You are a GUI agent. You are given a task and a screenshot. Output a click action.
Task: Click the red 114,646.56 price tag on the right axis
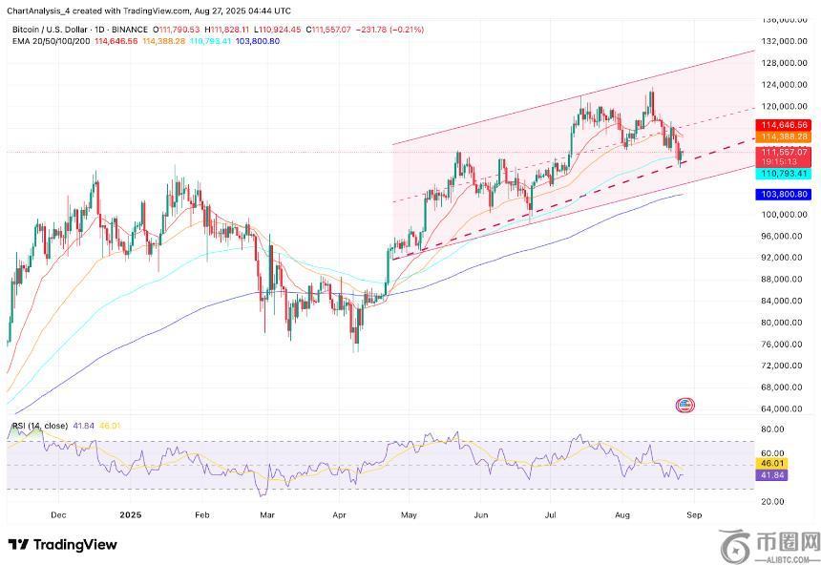point(783,125)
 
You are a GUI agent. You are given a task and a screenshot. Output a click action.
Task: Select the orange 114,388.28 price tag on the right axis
point(783,137)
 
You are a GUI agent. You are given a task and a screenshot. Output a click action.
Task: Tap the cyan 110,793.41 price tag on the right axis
point(783,174)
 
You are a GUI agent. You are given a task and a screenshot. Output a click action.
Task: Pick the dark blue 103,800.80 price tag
point(783,194)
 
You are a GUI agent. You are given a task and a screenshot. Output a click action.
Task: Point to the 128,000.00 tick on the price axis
point(783,63)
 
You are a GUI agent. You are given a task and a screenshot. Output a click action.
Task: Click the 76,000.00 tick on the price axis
point(781,344)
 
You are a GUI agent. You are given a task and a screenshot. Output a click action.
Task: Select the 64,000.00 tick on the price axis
point(781,408)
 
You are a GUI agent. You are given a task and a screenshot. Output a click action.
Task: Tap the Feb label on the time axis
point(201,514)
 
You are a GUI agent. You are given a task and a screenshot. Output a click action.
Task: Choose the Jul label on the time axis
point(550,514)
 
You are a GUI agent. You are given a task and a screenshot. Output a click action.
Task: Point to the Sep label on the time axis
point(695,514)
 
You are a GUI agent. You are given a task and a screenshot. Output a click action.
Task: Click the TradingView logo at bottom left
point(62,545)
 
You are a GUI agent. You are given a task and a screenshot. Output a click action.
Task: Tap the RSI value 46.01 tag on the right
point(772,465)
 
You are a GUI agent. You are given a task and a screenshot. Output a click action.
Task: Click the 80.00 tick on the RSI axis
point(772,429)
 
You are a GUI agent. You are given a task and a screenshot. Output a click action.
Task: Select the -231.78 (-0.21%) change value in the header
point(390,30)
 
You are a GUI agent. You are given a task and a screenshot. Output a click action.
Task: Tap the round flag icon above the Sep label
point(685,406)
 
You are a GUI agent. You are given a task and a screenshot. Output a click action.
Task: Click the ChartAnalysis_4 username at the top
point(37,9)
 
